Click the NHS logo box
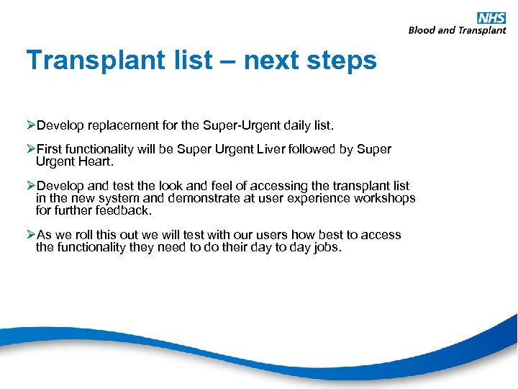(x=492, y=18)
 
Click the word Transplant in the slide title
(x=91, y=61)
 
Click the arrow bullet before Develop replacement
(x=31, y=125)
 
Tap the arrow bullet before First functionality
(x=31, y=149)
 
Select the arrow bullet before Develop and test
(x=31, y=186)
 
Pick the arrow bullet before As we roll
(x=31, y=235)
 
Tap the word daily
(x=298, y=125)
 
